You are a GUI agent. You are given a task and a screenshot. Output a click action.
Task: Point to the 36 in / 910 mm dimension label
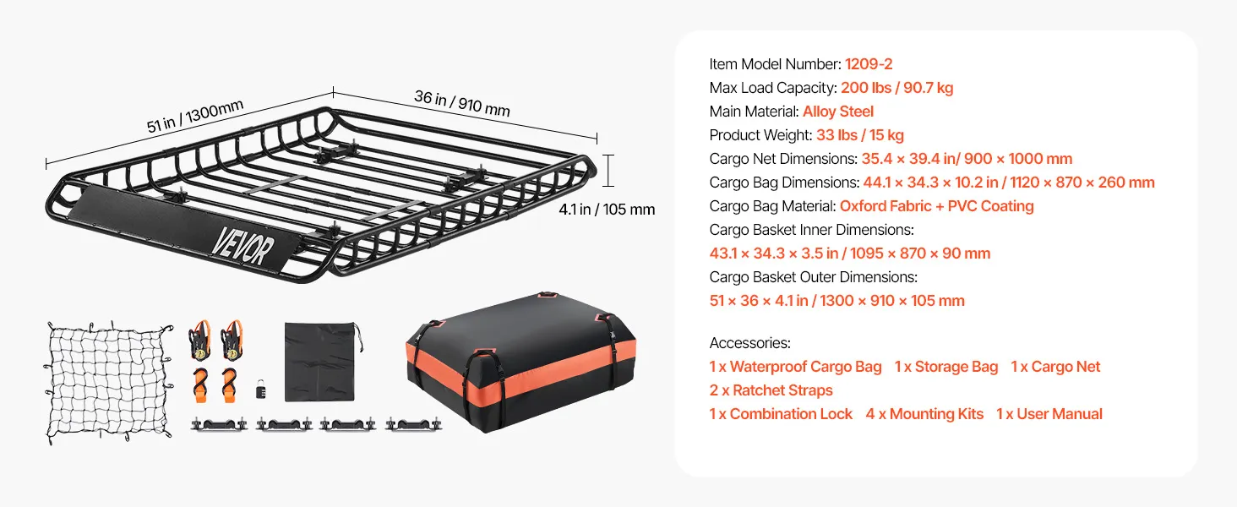pos(462,103)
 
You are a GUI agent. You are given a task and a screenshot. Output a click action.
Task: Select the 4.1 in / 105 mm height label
pos(607,210)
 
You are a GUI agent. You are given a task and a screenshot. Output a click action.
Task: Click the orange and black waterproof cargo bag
pos(520,361)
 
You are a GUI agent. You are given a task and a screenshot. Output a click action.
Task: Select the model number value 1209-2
pos(869,64)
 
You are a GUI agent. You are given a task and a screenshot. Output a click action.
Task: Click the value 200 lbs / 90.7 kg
pos(896,88)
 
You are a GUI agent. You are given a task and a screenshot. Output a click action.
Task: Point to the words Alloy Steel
pos(838,112)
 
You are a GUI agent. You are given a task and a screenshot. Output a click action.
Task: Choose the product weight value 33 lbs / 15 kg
pos(860,135)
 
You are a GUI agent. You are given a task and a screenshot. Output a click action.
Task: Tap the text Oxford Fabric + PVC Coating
pos(936,206)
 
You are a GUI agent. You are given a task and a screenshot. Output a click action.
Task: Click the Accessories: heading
pos(750,343)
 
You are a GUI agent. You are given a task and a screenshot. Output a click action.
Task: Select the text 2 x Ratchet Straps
pos(771,390)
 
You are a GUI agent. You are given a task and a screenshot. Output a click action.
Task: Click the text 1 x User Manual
pos(1049,414)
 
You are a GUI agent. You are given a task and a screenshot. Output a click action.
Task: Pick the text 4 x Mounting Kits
pos(924,414)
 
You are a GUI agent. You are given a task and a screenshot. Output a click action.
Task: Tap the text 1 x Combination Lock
pos(781,414)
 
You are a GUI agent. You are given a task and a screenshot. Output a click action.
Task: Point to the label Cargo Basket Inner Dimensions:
pos(812,230)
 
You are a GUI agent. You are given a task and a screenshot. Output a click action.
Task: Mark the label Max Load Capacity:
pos(773,88)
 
